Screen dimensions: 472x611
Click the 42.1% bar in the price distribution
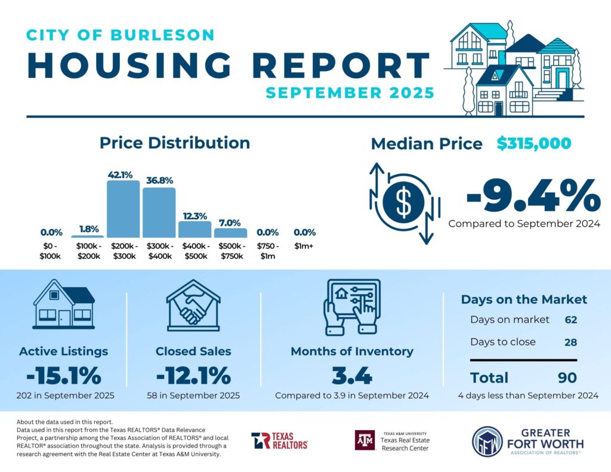(x=123, y=209)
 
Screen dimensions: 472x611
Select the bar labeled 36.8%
(x=159, y=212)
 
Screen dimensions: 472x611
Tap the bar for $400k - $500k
(x=195, y=229)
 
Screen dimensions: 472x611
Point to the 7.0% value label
(x=230, y=220)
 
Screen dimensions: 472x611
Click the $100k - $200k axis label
(x=87, y=251)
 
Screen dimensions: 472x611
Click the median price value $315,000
(x=534, y=144)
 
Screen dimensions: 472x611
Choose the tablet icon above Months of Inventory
(x=351, y=306)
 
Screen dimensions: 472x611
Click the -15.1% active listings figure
(x=64, y=376)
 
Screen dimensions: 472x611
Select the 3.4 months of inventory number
(x=351, y=376)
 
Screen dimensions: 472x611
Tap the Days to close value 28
(x=571, y=342)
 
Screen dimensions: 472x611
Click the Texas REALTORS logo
(x=279, y=440)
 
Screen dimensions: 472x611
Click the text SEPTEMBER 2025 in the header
(x=350, y=93)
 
